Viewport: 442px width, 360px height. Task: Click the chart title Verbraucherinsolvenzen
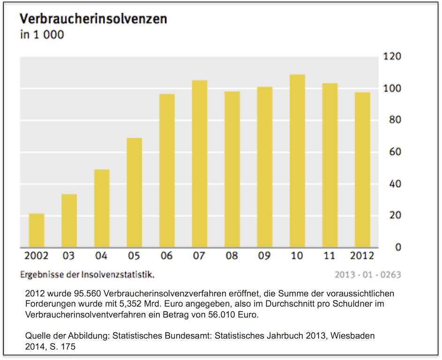point(93,19)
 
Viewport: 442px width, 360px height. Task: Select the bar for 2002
point(37,231)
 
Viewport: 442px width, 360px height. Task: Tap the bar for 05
point(135,193)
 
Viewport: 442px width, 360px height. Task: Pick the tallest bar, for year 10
point(297,161)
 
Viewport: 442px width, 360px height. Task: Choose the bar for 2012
point(362,170)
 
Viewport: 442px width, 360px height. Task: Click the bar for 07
point(200,164)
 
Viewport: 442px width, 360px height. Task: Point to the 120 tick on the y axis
point(392,57)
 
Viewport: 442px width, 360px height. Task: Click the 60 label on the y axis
point(392,152)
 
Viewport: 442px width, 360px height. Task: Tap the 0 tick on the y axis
point(398,247)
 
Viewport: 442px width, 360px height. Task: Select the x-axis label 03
point(68,256)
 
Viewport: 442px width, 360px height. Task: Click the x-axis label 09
point(264,256)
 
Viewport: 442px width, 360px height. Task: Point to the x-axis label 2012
point(362,256)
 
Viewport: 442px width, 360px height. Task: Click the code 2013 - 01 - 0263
point(368,275)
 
